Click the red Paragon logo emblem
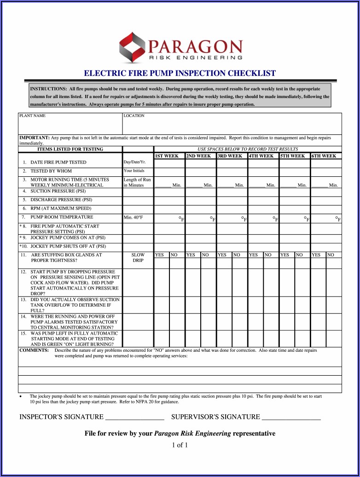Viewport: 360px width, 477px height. (133, 48)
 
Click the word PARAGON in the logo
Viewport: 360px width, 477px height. (195, 47)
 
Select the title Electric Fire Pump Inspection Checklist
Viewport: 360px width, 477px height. (180, 73)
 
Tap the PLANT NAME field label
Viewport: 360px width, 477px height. (32, 116)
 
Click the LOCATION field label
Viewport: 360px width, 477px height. (134, 116)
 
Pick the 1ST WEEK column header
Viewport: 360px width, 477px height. (167, 156)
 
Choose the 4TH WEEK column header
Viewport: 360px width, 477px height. (261, 156)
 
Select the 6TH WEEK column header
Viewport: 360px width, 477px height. (324, 156)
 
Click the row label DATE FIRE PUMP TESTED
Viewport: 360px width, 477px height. (58, 163)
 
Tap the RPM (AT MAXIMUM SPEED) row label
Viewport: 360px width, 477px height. (61, 208)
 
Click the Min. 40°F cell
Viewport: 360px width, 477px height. (134, 217)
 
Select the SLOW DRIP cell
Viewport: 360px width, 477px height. (138, 257)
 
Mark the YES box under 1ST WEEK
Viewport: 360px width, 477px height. (160, 255)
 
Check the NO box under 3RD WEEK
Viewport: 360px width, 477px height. (237, 255)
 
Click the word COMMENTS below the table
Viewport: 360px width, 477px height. (34, 350)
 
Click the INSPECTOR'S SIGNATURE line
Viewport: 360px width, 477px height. (135, 417)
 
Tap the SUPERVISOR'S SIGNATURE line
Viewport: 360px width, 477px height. (290, 417)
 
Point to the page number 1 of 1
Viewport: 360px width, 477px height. (180, 445)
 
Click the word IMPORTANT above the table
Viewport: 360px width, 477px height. (34, 138)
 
